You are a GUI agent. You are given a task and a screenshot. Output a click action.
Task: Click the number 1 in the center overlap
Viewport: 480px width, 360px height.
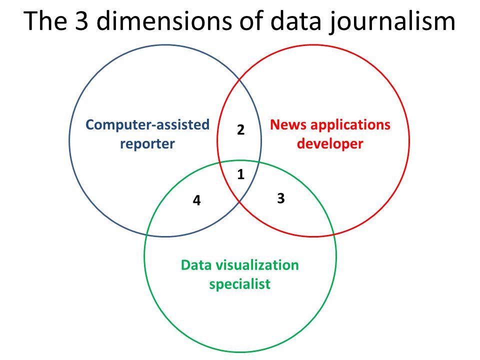pyautogui.click(x=241, y=174)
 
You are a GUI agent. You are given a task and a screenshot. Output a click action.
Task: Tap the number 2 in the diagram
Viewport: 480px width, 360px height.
pyautogui.click(x=241, y=130)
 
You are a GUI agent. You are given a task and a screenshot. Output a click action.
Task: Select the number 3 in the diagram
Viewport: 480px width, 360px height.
pyautogui.click(x=281, y=198)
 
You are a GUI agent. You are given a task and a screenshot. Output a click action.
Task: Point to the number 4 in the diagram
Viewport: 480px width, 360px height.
pyautogui.click(x=197, y=200)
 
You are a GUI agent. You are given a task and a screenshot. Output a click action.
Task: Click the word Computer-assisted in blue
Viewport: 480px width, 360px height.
pyautogui.click(x=147, y=125)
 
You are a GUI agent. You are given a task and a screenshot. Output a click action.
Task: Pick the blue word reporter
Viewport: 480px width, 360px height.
pyautogui.click(x=147, y=144)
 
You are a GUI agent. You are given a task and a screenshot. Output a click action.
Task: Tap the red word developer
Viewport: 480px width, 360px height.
pyautogui.click(x=330, y=143)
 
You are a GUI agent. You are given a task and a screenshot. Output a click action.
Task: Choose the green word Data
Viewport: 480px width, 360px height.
pyautogui.click(x=196, y=265)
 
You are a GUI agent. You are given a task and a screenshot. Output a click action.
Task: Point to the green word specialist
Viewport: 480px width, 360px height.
pyautogui.click(x=239, y=284)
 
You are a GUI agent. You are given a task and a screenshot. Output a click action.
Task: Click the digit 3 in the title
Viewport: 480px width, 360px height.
pyautogui.click(x=81, y=21)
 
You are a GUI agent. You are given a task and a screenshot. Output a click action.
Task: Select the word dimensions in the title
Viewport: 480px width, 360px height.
pyautogui.click(x=164, y=20)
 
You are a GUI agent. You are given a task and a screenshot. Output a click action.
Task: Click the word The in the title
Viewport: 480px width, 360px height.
pyautogui.click(x=45, y=20)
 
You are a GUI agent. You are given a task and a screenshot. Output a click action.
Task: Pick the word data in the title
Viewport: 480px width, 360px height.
pyautogui.click(x=295, y=20)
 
